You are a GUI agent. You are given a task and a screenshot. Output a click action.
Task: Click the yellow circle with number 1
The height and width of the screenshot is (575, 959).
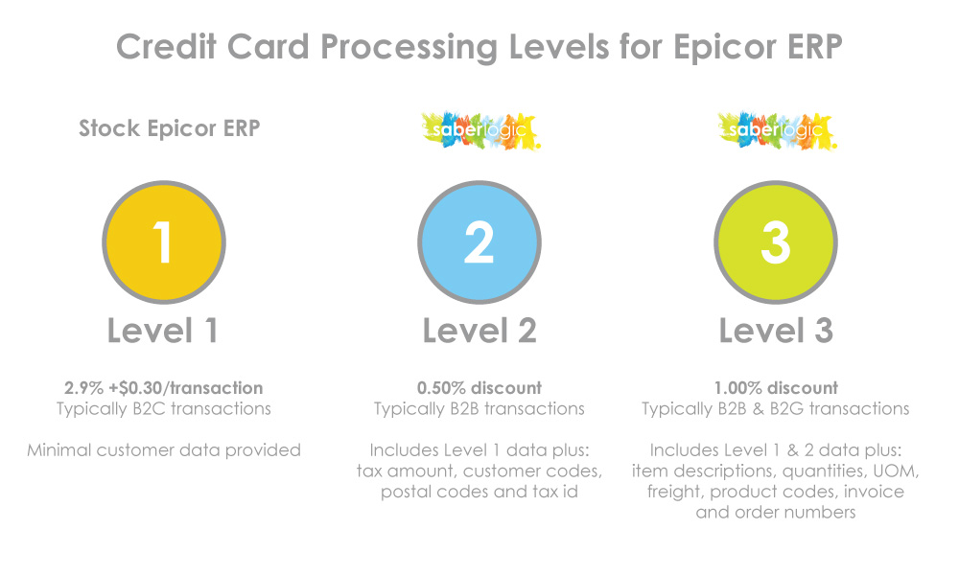(164, 241)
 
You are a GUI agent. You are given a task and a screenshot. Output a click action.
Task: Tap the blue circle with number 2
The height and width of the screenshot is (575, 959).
(479, 241)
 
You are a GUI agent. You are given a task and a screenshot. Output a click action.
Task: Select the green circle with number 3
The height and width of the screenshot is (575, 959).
(776, 241)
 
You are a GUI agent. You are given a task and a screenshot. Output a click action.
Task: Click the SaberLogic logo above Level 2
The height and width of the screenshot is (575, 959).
(480, 130)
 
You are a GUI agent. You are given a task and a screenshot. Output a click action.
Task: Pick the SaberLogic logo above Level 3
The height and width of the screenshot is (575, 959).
(777, 130)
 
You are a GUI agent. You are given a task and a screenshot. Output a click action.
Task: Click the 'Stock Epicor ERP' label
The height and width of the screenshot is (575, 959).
(170, 128)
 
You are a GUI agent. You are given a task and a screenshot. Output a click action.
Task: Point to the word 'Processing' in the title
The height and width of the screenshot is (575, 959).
(409, 47)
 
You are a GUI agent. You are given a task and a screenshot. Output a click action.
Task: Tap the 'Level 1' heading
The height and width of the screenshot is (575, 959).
(163, 331)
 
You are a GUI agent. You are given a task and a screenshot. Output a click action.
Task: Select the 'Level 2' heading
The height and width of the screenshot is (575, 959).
(479, 331)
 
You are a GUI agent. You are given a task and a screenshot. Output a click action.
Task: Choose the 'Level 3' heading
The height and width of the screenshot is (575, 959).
(776, 331)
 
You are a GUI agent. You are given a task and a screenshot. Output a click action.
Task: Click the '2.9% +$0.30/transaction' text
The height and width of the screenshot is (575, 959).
(164, 388)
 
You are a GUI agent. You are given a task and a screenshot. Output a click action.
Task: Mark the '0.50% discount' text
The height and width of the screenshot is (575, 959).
(479, 388)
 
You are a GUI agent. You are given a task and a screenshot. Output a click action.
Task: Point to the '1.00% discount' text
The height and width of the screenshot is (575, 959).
(776, 388)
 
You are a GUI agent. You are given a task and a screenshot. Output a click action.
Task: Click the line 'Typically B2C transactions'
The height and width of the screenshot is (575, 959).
(164, 409)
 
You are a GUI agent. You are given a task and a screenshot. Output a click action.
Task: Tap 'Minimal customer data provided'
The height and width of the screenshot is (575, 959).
(164, 450)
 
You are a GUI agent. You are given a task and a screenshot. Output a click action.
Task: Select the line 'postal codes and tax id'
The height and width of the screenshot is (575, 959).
(479, 492)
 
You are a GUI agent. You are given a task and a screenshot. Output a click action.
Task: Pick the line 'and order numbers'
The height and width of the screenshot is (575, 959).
(776, 512)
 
